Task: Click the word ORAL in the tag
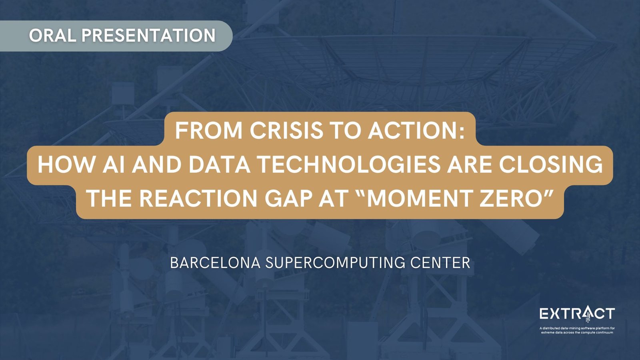[52, 36]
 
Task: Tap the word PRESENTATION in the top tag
[149, 36]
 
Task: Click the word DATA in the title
[220, 164]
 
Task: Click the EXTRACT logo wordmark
[577, 314]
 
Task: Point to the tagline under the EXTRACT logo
[577, 330]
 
